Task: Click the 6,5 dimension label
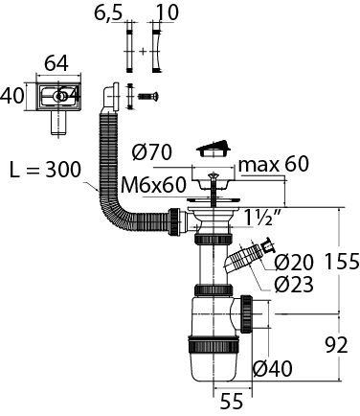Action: pyautogui.click(x=108, y=12)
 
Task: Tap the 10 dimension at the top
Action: pyautogui.click(x=167, y=12)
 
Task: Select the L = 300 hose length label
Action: pyautogui.click(x=45, y=170)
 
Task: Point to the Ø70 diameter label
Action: pyautogui.click(x=152, y=152)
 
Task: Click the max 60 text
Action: pyautogui.click(x=274, y=164)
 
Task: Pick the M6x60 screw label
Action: pyautogui.click(x=153, y=185)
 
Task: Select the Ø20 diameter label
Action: pyautogui.click(x=294, y=263)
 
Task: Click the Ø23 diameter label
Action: pyautogui.click(x=294, y=284)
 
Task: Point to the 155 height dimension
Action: pyautogui.click(x=342, y=262)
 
